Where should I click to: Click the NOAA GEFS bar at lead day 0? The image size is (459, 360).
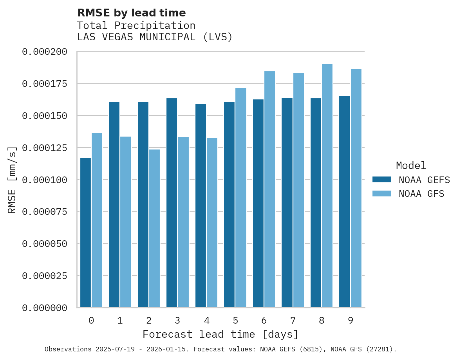pyautogui.click(x=85, y=233)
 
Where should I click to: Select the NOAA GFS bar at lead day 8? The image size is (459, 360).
pyautogui.click(x=327, y=186)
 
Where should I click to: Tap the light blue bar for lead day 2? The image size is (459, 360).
pyautogui.click(x=154, y=229)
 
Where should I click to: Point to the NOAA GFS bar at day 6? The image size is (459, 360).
pyautogui.click(x=269, y=189)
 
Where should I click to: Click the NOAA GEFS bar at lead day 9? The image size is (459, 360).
pyautogui.click(x=345, y=202)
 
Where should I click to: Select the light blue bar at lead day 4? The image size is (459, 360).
pyautogui.click(x=212, y=223)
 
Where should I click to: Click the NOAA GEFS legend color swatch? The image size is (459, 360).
pyautogui.click(x=381, y=180)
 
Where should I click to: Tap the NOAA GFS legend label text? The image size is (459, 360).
pyautogui.click(x=421, y=194)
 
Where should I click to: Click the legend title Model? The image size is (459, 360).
pyautogui.click(x=411, y=166)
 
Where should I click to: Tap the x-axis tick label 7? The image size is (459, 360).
pyautogui.click(x=293, y=321)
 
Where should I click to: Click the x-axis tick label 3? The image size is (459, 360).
pyautogui.click(x=177, y=321)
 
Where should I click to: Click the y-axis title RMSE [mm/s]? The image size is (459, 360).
pyautogui.click(x=12, y=180)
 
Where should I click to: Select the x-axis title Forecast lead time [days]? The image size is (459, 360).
pyautogui.click(x=220, y=335)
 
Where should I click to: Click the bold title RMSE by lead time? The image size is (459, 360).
pyautogui.click(x=131, y=13)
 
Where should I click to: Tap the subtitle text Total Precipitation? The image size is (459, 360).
pyautogui.click(x=136, y=25)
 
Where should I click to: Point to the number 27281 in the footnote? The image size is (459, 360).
pyautogui.click(x=382, y=349)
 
